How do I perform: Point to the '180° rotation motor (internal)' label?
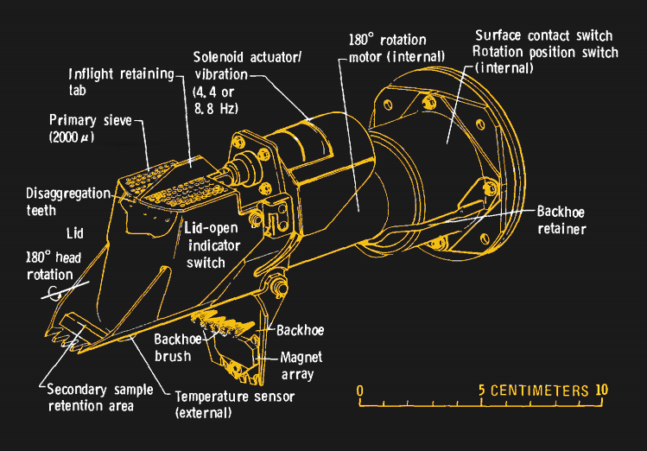(x=385, y=50)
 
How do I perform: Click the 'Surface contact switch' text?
(x=544, y=36)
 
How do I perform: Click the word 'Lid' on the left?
(x=74, y=234)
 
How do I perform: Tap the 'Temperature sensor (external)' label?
(x=234, y=403)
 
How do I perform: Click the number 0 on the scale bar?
(x=359, y=390)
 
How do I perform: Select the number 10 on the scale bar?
(x=601, y=390)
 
